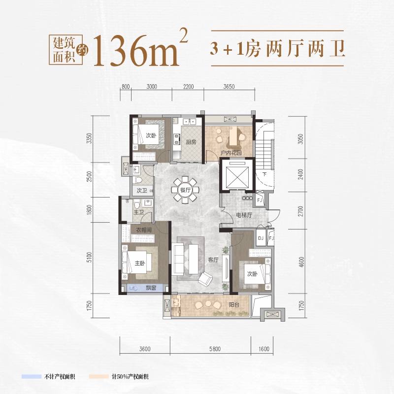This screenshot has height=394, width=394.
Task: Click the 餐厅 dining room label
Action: tap(185, 190)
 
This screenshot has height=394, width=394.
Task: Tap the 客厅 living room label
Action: tap(213, 260)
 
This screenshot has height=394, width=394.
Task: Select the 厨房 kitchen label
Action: tap(191, 142)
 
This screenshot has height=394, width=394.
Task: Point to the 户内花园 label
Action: tap(231, 153)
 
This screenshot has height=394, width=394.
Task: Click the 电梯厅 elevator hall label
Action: tap(244, 215)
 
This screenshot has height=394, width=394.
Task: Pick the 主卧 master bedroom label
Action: tap(140, 263)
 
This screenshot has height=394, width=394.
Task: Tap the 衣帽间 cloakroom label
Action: tap(144, 230)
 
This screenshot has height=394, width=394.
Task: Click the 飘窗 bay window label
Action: tap(151, 288)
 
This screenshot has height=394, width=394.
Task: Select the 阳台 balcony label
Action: tap(234, 305)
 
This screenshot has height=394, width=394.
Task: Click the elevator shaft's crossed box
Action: tap(237, 177)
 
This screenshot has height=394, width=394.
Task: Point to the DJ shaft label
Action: tap(261, 238)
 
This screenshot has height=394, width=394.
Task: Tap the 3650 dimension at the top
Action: tap(229, 87)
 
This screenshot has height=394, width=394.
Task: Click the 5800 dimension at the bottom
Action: tap(215, 349)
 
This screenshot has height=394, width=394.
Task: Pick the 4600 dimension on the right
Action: tap(301, 262)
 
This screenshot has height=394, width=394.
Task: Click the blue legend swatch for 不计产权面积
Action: tap(32, 376)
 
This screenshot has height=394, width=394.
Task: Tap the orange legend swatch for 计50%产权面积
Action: tap(99, 376)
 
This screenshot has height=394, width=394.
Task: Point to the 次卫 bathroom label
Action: tap(142, 191)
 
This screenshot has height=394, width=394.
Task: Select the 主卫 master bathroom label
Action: tap(138, 212)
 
